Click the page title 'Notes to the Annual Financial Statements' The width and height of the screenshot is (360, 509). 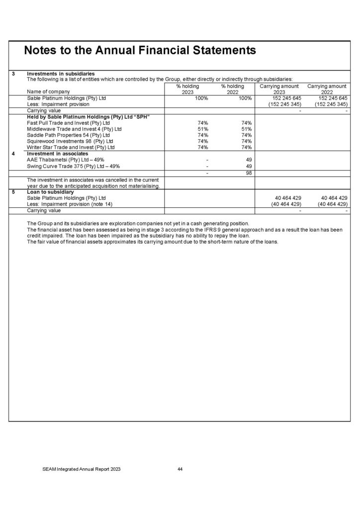(140, 51)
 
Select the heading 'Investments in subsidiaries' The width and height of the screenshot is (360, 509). (61, 74)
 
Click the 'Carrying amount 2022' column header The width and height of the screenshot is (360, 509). (327, 89)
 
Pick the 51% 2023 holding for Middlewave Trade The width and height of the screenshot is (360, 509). (202, 129)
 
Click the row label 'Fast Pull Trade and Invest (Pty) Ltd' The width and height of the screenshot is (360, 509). (68, 122)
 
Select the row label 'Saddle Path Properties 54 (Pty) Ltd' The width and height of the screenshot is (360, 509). (68, 135)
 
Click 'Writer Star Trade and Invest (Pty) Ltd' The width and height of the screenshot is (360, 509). (71, 147)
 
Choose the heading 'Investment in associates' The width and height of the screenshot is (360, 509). (57, 154)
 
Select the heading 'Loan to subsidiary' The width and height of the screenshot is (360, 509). (50, 191)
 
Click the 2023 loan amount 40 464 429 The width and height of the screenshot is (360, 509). (285, 198)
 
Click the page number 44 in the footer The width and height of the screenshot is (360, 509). (180, 469)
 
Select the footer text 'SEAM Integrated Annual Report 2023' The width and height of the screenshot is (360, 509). (81, 469)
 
